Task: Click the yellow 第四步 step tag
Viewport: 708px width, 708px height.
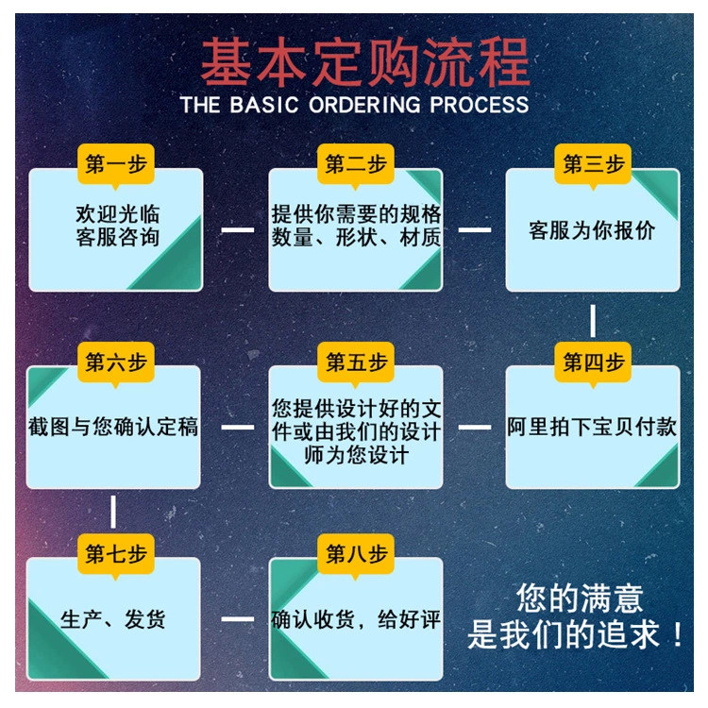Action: point(594,362)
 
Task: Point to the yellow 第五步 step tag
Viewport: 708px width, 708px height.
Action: point(356,362)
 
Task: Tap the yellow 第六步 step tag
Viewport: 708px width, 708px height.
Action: point(116,362)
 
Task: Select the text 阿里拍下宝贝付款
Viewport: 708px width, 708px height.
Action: point(592,427)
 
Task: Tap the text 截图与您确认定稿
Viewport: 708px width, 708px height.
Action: point(113,427)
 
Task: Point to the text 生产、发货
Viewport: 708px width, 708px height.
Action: point(113,619)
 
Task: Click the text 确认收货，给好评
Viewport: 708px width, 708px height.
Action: point(356,619)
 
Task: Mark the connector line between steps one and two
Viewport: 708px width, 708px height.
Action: point(237,228)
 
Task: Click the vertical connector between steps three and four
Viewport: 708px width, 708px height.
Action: point(593,320)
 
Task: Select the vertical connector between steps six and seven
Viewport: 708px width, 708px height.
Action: point(113,513)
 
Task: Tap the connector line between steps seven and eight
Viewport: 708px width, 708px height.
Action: point(237,619)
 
